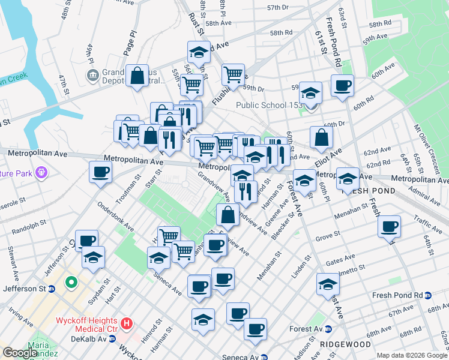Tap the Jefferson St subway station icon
52,289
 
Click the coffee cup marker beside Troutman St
100,172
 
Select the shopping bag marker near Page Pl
137,76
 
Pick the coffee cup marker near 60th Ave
342,85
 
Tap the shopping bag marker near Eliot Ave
322,137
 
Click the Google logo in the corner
20,353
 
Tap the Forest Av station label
306,329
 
